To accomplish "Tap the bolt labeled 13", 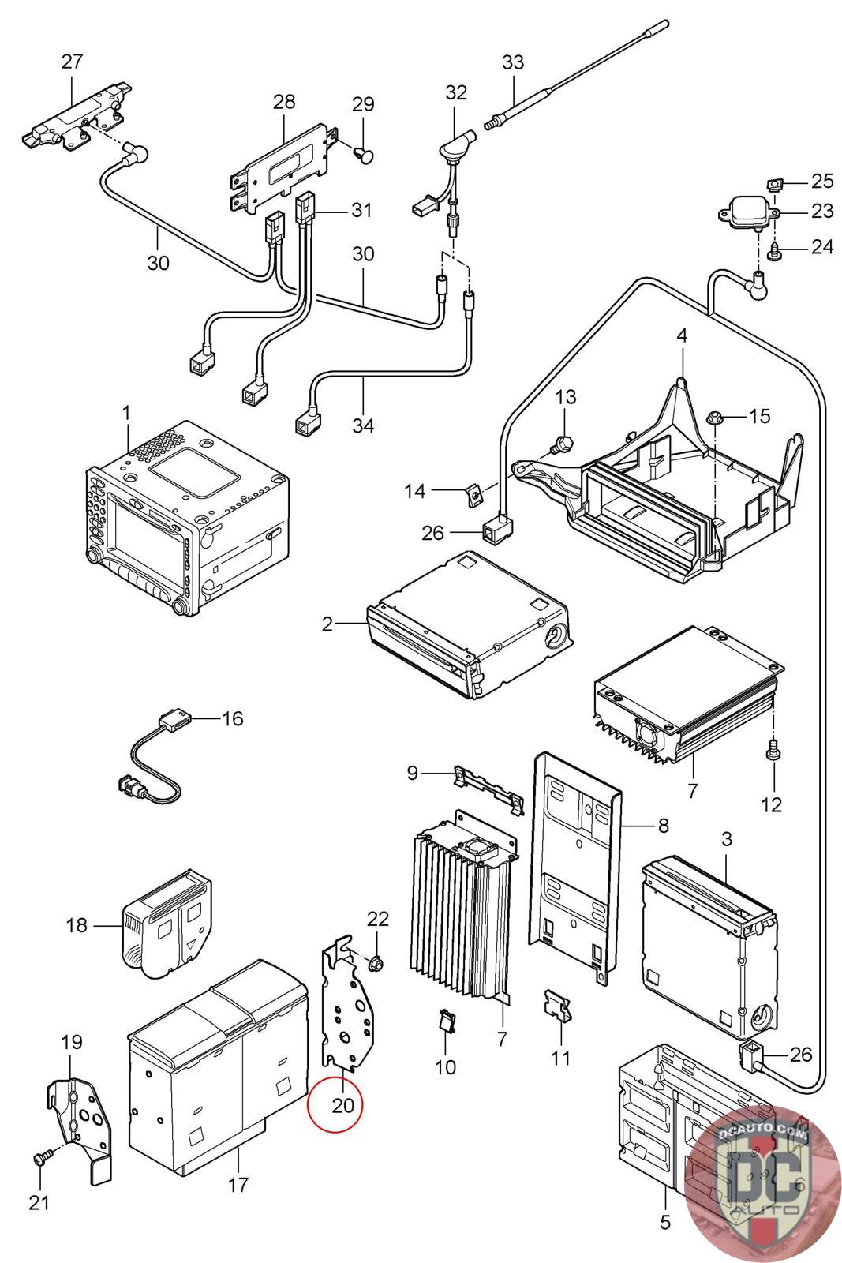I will point(563,444).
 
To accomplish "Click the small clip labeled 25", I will point(776,184).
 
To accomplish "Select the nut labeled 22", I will point(376,964).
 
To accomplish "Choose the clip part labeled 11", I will point(557,1006).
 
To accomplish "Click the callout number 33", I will point(512,62).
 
